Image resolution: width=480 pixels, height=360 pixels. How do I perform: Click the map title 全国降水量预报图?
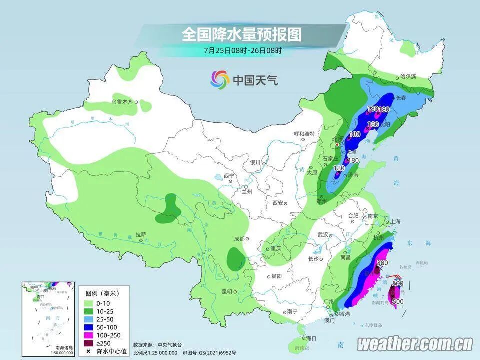point(241,34)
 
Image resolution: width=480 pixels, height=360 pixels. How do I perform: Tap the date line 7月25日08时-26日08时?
point(243,50)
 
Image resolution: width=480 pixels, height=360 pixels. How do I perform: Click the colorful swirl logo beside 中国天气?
point(220,79)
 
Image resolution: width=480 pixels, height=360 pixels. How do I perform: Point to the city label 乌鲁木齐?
point(122,102)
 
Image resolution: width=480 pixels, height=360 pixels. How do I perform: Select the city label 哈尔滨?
point(408,76)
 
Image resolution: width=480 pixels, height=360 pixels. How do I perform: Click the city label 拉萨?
point(140,234)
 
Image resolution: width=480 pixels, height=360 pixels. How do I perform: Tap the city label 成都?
point(238,238)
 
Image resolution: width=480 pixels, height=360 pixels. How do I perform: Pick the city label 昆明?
point(227,291)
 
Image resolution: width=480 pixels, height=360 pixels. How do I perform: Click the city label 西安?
point(278,203)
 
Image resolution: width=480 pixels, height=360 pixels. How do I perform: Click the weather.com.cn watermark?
point(415,344)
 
